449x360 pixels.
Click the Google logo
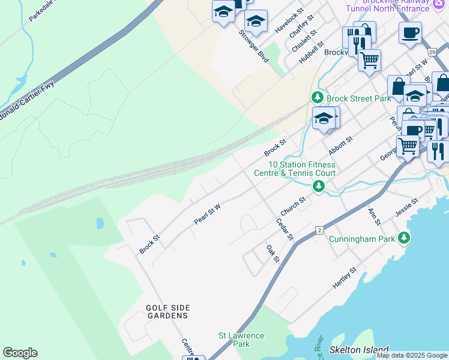[x=20, y=353]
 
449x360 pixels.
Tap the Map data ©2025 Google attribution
[x=412, y=355]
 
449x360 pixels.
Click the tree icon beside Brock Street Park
[x=317, y=97]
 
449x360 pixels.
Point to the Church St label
[x=293, y=208]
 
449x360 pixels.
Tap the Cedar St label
[x=284, y=229]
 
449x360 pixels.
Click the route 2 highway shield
[x=320, y=230]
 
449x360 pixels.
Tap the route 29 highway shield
[x=432, y=52]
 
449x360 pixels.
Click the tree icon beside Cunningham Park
[x=404, y=238]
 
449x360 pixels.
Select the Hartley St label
[x=345, y=278]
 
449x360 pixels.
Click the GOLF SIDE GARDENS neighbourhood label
[x=167, y=311]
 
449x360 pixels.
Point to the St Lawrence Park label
[x=241, y=340]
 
